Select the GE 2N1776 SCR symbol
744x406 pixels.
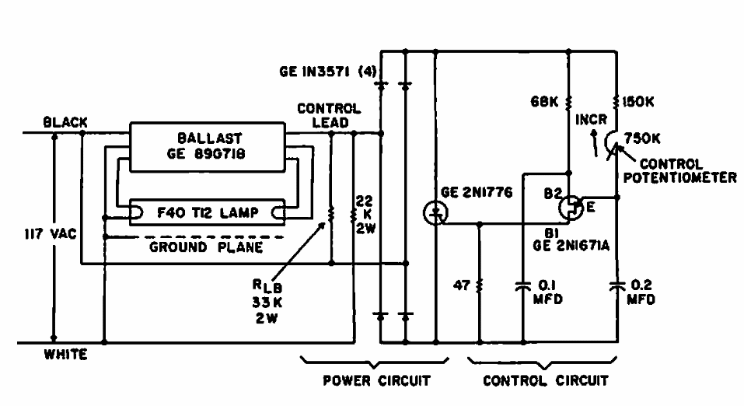coord(435,212)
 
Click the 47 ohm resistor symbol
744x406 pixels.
coord(480,285)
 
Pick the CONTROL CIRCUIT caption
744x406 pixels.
coord(546,381)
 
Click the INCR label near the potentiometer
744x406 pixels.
coord(589,122)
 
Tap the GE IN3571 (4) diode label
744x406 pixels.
coord(327,72)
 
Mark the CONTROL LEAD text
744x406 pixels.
coord(329,116)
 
